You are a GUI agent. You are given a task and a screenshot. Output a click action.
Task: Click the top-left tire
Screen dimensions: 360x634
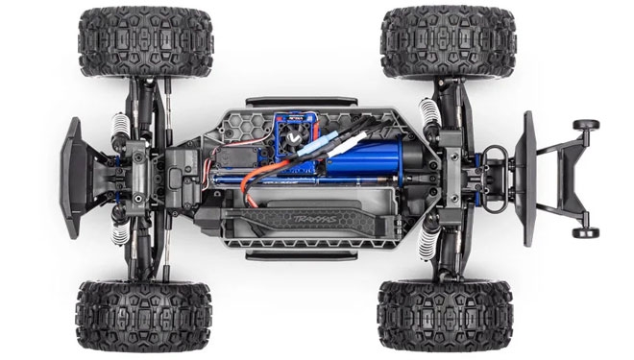pyautogui.click(x=132, y=44)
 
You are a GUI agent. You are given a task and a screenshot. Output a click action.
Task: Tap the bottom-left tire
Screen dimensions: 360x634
pyautogui.click(x=133, y=316)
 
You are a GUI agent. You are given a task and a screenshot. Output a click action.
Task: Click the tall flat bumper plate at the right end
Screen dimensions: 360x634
pyautogui.click(x=527, y=179)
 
